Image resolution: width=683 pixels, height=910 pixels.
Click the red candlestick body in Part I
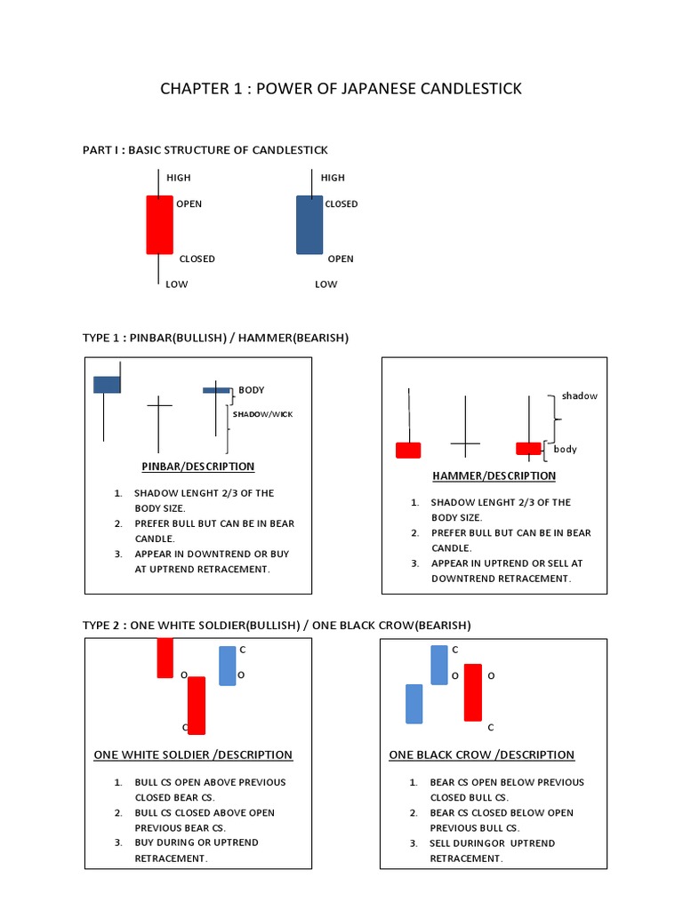click(x=158, y=225)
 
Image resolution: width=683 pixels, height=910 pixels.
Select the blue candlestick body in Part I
click(x=309, y=225)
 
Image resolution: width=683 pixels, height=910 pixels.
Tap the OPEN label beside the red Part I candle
click(x=189, y=204)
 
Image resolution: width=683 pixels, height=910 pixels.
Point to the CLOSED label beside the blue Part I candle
click(x=341, y=204)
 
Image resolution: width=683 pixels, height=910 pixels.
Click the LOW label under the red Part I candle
click(x=176, y=284)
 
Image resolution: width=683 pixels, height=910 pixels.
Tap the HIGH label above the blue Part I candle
click(x=332, y=178)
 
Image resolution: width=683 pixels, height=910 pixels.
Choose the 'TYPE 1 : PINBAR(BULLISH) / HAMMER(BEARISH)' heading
click(x=216, y=338)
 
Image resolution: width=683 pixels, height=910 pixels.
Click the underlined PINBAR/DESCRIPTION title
click(x=197, y=467)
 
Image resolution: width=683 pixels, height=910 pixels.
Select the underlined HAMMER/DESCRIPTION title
click(x=494, y=476)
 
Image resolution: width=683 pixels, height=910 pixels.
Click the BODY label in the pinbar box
click(x=251, y=390)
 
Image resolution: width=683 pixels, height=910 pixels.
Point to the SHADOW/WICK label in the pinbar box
click(x=262, y=415)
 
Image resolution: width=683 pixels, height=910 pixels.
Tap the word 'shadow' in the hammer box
click(x=579, y=396)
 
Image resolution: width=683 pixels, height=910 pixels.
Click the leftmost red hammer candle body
click(x=408, y=450)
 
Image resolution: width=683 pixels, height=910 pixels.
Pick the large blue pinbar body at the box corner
click(x=107, y=384)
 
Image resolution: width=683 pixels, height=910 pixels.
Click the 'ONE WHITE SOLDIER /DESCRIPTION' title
click(x=193, y=755)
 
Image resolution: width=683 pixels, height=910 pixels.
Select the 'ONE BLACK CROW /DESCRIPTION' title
click(x=482, y=755)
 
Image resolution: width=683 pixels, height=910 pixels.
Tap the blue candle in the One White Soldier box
click(x=228, y=666)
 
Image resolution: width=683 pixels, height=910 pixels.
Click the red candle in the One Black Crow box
click(x=472, y=692)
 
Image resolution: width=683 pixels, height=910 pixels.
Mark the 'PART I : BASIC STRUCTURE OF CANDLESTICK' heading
click(x=205, y=150)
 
